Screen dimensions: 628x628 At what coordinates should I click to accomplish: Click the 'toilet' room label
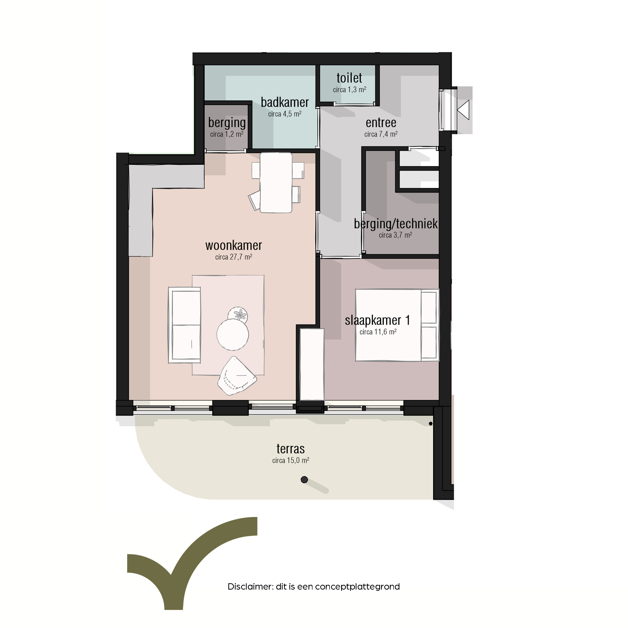pyautogui.click(x=349, y=78)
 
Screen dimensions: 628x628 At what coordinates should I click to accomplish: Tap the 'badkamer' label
pyautogui.click(x=285, y=102)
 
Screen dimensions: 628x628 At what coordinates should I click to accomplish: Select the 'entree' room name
pyautogui.click(x=381, y=123)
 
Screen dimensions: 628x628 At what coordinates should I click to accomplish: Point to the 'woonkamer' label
pyautogui.click(x=234, y=245)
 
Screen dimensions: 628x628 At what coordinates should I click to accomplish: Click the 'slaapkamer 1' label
pyautogui.click(x=377, y=321)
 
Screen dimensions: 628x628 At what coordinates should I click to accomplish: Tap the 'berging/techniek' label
pyautogui.click(x=396, y=224)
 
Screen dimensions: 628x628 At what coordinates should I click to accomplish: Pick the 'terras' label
pyautogui.click(x=291, y=449)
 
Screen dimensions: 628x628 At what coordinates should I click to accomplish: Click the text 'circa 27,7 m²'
pyautogui.click(x=234, y=257)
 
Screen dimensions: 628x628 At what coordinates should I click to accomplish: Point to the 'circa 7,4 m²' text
pyautogui.click(x=381, y=134)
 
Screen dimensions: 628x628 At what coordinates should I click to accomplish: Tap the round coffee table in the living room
pyautogui.click(x=233, y=335)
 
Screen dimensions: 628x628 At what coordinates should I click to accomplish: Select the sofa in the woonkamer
pyautogui.click(x=184, y=325)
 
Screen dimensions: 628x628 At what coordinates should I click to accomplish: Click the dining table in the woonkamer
pyautogui.click(x=276, y=183)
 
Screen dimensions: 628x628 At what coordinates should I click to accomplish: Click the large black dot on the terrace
pyautogui.click(x=304, y=480)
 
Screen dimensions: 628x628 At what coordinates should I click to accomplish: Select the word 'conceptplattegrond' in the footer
pyautogui.click(x=357, y=587)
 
